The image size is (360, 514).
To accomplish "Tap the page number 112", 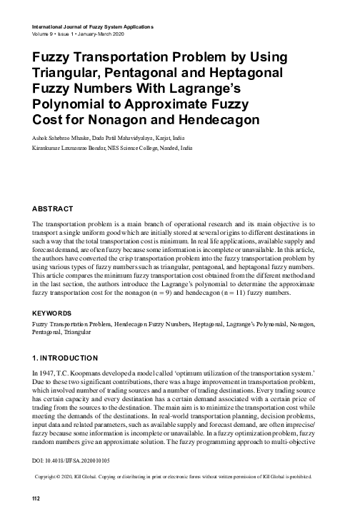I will point(30,497).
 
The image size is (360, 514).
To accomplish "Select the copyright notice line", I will point(179,475).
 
